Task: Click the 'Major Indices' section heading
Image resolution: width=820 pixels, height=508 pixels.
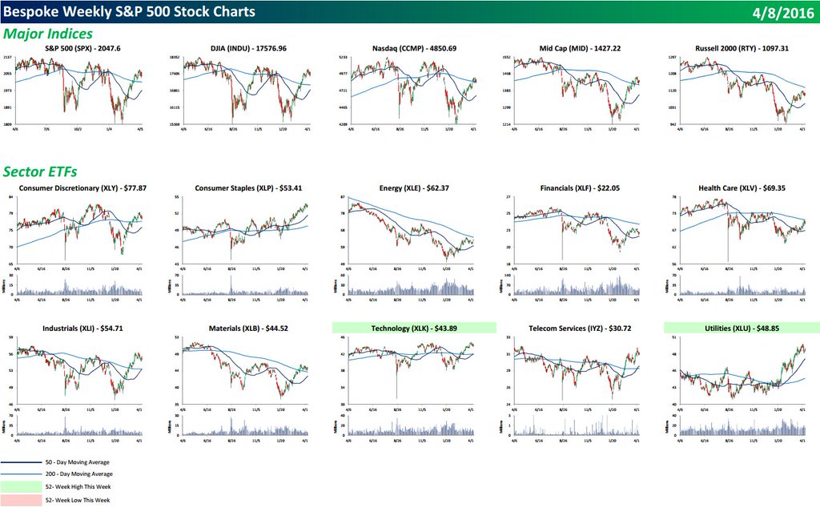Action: [48, 34]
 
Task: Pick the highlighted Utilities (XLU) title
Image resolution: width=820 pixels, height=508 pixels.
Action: [741, 328]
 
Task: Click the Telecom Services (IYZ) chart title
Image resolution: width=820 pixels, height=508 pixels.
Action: [576, 328]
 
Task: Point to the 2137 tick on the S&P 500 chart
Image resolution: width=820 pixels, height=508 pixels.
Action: [6, 58]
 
